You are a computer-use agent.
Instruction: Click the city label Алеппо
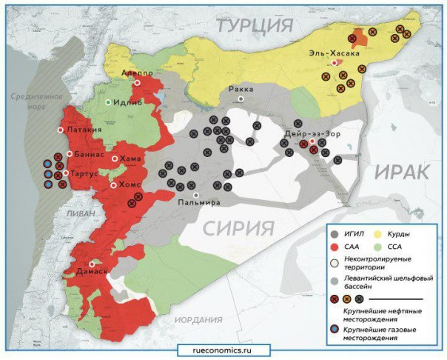pos(138,73)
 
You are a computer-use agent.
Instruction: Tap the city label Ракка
pos(241,89)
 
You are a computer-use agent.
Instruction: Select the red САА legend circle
pos(336,247)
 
